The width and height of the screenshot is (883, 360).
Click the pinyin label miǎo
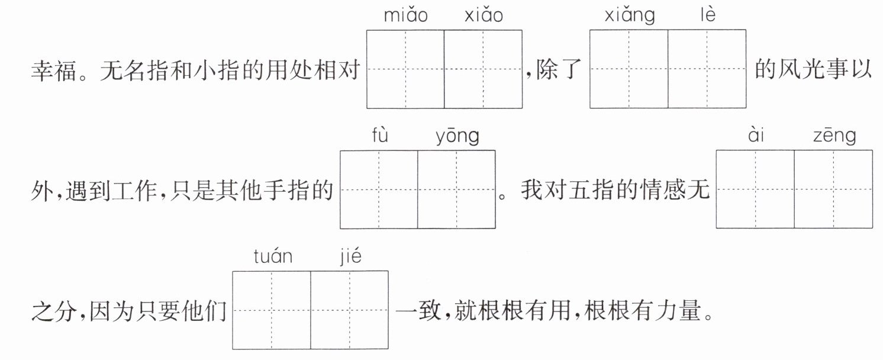405,15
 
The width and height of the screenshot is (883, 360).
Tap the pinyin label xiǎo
484,15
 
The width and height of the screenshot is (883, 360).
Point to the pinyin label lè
708,15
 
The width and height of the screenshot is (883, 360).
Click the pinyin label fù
380,135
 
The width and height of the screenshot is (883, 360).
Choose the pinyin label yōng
457,137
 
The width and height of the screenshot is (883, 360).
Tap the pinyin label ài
756,135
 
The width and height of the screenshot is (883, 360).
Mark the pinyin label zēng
834,136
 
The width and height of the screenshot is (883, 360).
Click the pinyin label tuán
273,256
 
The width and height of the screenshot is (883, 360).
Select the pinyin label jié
350,256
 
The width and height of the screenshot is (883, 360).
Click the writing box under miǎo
405,69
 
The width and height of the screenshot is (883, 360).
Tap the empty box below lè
707,69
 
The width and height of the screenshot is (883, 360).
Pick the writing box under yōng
456,189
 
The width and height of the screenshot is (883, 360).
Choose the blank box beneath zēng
833,189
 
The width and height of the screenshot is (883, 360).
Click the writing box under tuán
272,310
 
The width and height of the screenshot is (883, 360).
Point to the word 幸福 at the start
54,70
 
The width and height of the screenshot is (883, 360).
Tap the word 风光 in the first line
801,69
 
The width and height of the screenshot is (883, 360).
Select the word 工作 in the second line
134,191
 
